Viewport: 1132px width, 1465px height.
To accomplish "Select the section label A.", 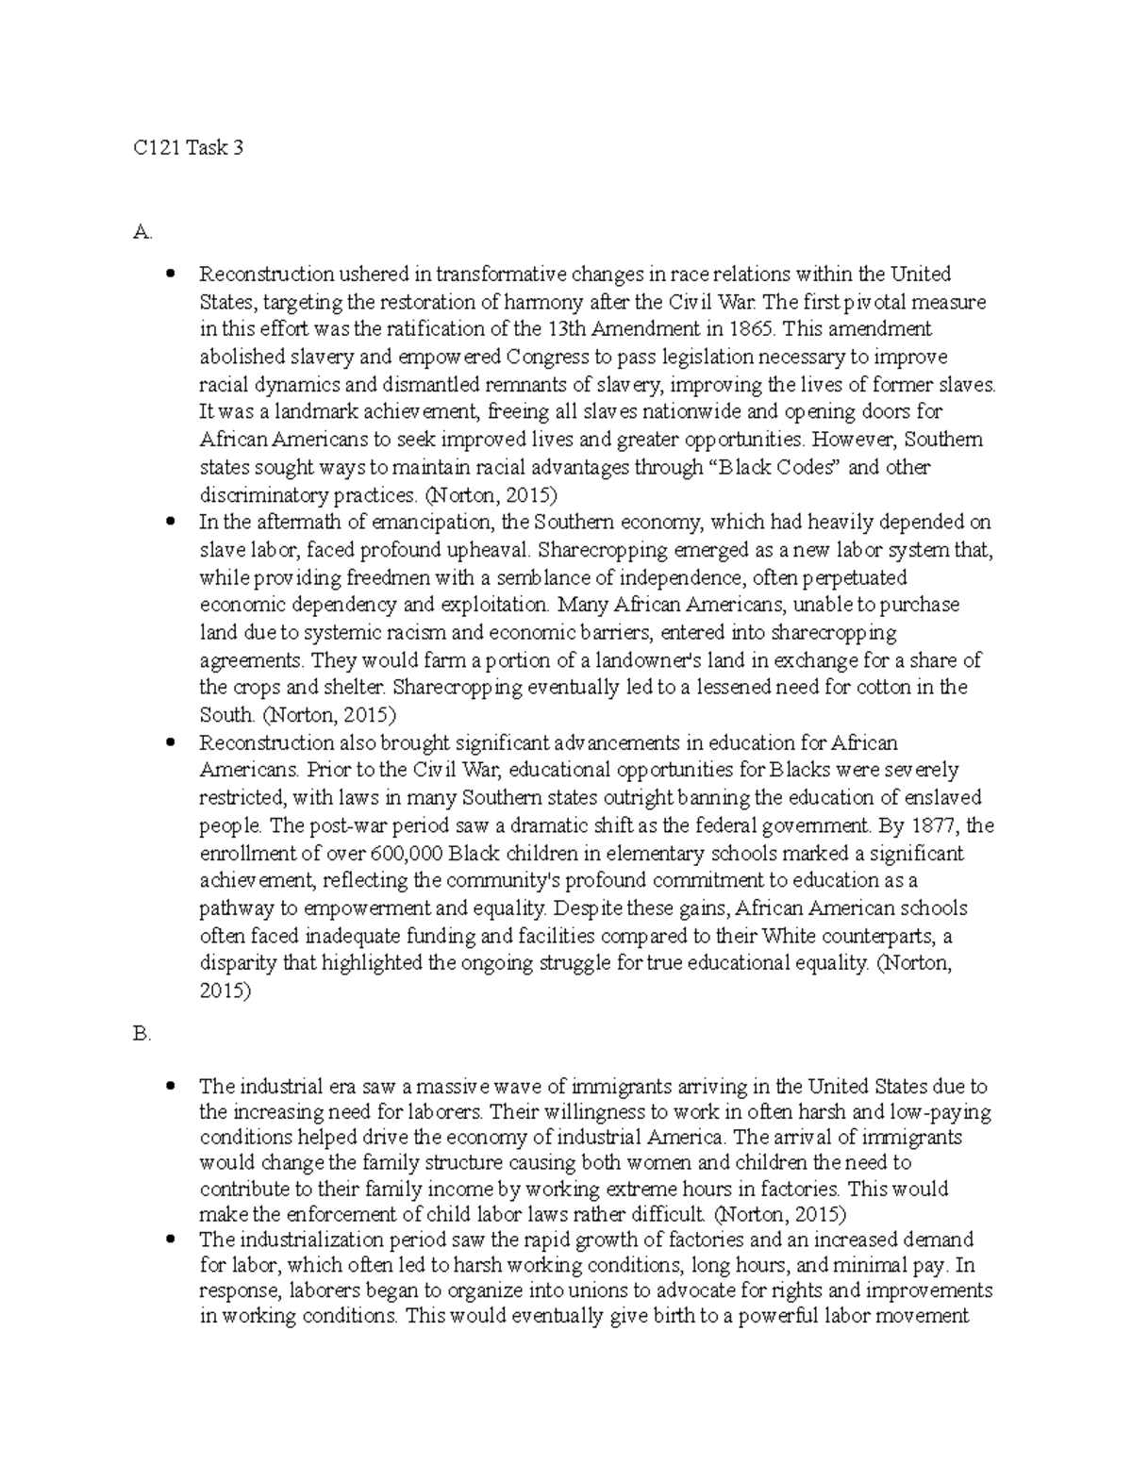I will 142,232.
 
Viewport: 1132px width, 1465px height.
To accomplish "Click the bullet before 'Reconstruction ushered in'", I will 170,275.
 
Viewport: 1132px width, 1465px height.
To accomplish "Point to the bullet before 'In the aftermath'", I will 170,522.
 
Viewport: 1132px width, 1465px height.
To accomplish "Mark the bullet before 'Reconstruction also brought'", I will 170,742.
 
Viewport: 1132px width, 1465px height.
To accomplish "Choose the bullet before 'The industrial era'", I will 170,1086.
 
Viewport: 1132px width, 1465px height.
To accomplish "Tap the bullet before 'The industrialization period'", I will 170,1239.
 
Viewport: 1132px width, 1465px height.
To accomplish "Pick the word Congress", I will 547,357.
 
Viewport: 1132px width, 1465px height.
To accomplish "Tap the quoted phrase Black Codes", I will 773,467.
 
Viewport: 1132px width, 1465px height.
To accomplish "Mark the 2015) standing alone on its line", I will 225,991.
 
